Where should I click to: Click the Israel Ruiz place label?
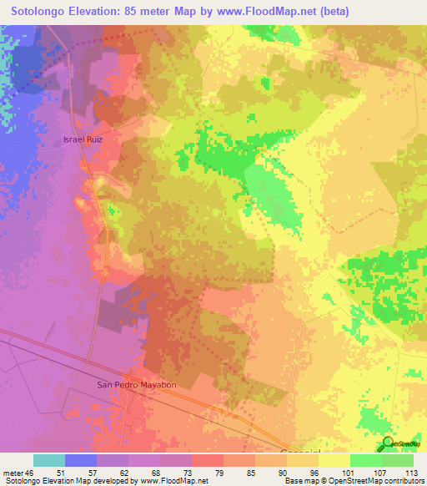(x=83, y=139)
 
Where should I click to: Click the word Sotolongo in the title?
(x=42, y=11)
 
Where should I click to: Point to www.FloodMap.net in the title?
(x=261, y=11)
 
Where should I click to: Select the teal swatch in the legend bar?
(x=49, y=460)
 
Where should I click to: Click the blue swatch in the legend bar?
(x=81, y=460)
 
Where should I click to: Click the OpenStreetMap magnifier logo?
(x=388, y=443)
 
